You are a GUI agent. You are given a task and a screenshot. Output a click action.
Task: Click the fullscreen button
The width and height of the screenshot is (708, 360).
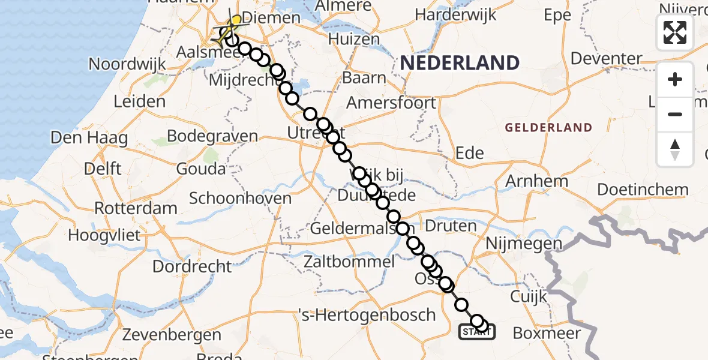(x=675, y=32)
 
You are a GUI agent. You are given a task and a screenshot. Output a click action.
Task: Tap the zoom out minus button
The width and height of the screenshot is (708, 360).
(x=675, y=114)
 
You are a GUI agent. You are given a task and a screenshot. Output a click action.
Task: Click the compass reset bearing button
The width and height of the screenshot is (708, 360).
(x=675, y=149)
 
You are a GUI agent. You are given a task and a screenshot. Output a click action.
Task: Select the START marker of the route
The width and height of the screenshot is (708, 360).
(x=477, y=331)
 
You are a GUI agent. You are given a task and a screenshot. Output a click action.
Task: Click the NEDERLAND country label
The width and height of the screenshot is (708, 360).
(x=460, y=63)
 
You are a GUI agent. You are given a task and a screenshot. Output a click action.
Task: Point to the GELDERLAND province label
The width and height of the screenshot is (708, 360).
(x=548, y=128)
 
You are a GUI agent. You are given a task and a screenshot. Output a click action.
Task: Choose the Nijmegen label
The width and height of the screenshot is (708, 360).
(x=524, y=244)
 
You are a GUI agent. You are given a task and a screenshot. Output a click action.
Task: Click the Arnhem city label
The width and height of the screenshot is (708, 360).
(x=537, y=181)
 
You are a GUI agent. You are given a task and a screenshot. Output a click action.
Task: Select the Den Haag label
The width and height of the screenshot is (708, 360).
(x=89, y=138)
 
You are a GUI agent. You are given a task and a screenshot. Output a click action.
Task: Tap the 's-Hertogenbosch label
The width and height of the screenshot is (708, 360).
(x=367, y=314)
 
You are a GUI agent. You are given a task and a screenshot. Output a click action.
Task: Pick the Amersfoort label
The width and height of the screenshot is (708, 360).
(x=392, y=103)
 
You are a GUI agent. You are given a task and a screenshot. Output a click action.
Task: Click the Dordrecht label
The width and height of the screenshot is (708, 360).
(x=192, y=266)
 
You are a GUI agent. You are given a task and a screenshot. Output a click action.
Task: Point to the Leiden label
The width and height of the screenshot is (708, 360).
(x=139, y=101)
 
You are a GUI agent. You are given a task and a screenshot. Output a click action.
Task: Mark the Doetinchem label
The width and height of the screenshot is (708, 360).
(x=643, y=190)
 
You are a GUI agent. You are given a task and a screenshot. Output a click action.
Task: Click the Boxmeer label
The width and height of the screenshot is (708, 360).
(x=546, y=334)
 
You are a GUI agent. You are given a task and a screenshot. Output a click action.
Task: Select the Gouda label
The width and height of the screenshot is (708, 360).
(x=201, y=169)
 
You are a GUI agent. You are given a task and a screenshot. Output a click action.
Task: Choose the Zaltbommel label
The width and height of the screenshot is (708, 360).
(x=349, y=262)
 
